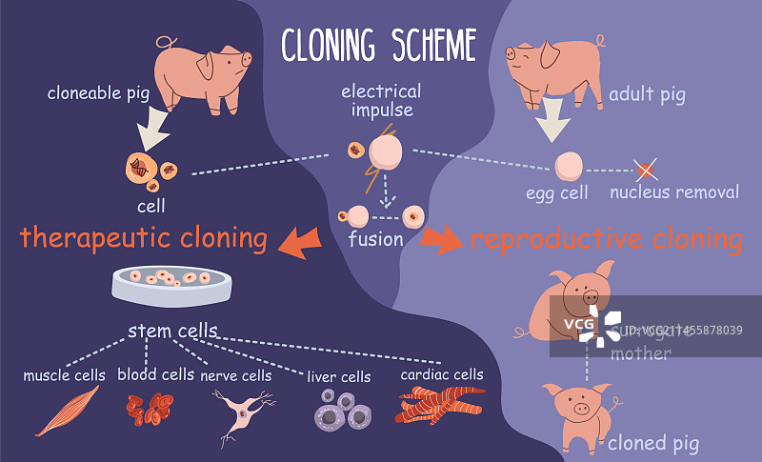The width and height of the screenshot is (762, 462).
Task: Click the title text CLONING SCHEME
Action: click(378, 44)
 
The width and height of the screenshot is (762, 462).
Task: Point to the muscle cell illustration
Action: click(69, 410)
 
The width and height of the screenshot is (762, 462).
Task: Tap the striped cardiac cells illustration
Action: click(441, 406)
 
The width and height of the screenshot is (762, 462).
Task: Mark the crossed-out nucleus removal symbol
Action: click(646, 170)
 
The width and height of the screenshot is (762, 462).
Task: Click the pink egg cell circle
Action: click(569, 166)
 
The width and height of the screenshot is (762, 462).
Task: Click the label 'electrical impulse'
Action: click(381, 101)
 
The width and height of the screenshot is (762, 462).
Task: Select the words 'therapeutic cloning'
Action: click(144, 237)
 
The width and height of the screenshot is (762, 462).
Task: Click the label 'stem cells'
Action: click(172, 331)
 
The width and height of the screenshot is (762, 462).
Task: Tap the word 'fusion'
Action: click(375, 239)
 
